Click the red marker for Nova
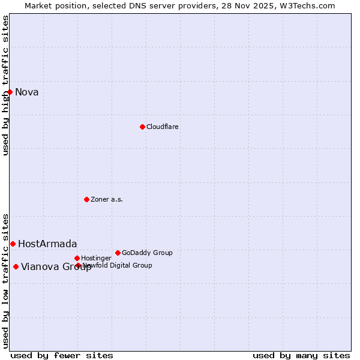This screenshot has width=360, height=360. (x=10, y=92)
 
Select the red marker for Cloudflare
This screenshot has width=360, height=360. (x=142, y=127)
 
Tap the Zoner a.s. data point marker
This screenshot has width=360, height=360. (x=86, y=199)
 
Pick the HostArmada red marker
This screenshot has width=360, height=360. (x=13, y=244)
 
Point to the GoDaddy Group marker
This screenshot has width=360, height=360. (x=118, y=253)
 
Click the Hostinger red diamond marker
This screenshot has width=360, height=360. (x=77, y=258)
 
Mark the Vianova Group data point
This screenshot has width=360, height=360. (x=16, y=266)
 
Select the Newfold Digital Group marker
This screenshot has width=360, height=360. (x=78, y=265)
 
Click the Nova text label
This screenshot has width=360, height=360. (x=27, y=92)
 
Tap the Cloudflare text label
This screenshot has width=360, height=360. (x=163, y=127)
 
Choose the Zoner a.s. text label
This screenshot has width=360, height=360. (x=107, y=199)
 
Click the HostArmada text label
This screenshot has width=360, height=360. (x=47, y=244)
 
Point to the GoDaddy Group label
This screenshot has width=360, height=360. (x=147, y=253)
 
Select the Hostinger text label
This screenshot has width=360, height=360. (x=96, y=258)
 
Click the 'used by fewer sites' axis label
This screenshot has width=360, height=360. (x=62, y=355)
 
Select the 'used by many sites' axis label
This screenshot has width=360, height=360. (x=301, y=355)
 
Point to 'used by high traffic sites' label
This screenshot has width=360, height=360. (x=5, y=85)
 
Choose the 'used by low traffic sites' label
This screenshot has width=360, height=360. (x=5, y=281)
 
